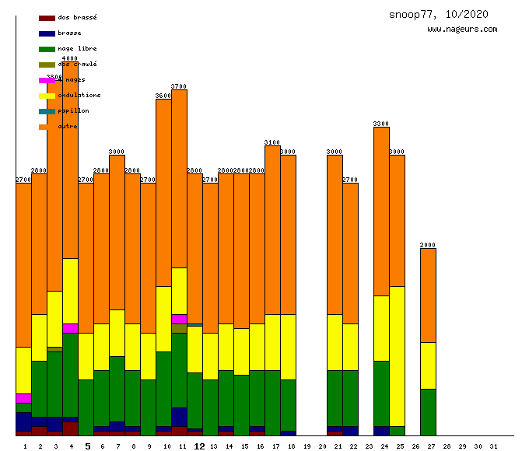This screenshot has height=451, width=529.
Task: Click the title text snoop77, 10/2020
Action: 439,15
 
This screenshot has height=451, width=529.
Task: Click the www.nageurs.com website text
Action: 462,30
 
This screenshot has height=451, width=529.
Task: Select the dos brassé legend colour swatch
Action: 47,18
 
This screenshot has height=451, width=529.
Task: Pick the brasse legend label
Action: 69,33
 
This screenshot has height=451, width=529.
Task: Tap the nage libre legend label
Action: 77,49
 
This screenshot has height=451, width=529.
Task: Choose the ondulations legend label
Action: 79,96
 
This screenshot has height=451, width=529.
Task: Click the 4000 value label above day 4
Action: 70,58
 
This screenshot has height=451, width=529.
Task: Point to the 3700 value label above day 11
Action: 179,86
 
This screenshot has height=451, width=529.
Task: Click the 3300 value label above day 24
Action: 381,124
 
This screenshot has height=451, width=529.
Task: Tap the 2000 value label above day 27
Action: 428,245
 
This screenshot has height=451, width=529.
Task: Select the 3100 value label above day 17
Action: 272,142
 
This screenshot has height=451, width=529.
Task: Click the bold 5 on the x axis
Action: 87,446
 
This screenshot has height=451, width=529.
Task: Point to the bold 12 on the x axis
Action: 199,446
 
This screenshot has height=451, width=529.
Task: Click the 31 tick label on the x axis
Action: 493,446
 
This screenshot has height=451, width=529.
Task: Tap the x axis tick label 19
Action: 307,446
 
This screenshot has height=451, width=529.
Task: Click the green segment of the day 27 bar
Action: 428,412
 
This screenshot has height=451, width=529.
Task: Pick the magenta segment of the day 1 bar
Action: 23,398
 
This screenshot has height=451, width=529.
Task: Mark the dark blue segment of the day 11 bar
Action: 179,417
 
